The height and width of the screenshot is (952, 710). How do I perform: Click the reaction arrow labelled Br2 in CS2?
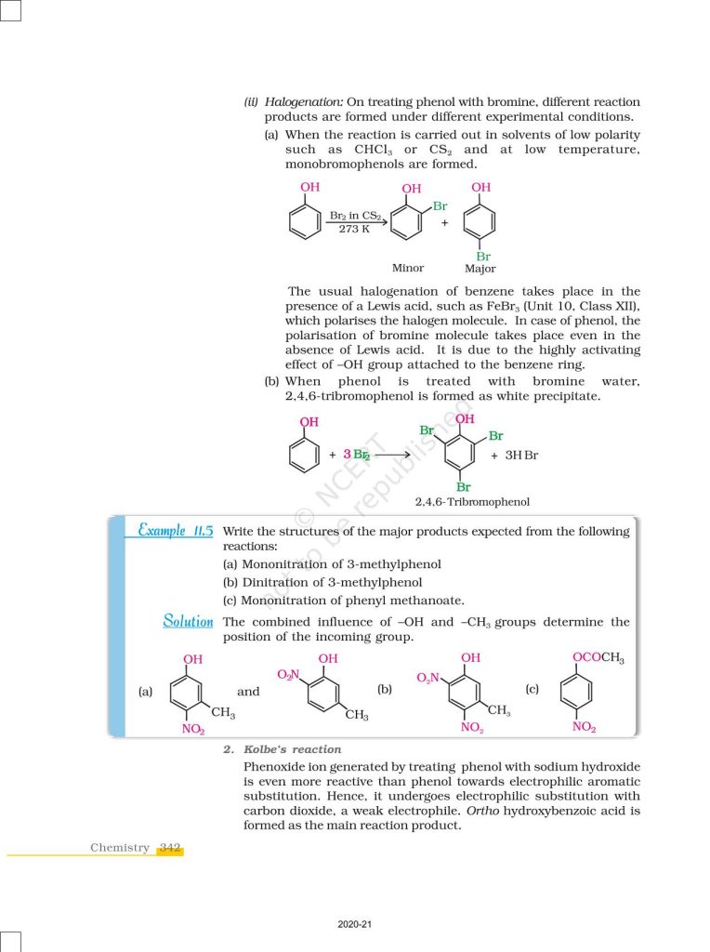(357, 222)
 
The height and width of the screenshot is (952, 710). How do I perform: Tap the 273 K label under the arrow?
(353, 229)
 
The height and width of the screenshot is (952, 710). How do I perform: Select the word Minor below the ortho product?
(408, 268)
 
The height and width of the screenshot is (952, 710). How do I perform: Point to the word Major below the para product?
(480, 269)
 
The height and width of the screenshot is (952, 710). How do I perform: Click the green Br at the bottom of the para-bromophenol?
(483, 257)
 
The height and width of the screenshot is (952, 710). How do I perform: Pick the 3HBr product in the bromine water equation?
(520, 456)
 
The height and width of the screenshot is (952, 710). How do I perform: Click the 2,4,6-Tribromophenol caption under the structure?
(472, 502)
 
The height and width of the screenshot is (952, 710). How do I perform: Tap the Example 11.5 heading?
(175, 531)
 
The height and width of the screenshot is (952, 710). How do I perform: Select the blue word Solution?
(188, 621)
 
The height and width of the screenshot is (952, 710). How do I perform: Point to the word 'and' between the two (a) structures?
(248, 692)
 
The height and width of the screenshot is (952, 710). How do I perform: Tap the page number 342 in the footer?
(169, 847)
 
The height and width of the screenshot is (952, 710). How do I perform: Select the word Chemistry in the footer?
(119, 847)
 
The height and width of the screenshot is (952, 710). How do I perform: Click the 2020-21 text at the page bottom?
(355, 925)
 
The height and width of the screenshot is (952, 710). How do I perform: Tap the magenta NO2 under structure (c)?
(584, 727)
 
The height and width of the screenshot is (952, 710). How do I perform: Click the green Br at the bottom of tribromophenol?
(463, 486)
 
